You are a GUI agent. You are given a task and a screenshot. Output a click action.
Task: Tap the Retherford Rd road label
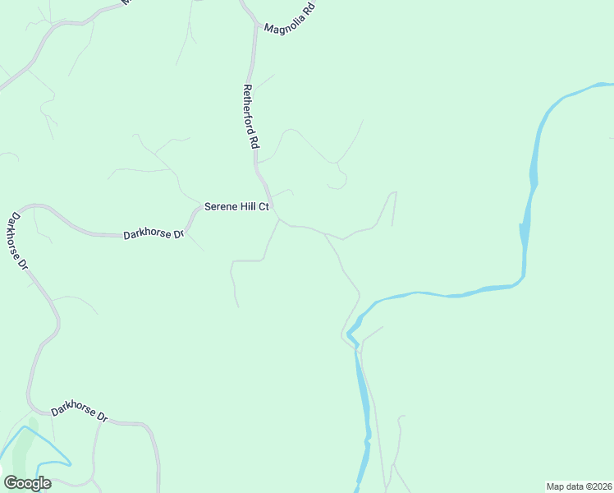pyautogui.click(x=251, y=116)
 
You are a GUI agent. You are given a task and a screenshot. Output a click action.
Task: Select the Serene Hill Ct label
pyautogui.click(x=236, y=207)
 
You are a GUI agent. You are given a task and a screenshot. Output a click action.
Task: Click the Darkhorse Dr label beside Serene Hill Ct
pyautogui.click(x=153, y=234)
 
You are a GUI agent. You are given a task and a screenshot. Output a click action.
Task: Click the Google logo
pyautogui.click(x=27, y=483)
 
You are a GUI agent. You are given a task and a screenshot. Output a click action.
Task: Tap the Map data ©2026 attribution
pyautogui.click(x=579, y=486)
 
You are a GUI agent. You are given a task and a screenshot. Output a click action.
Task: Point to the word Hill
pyautogui.click(x=250, y=207)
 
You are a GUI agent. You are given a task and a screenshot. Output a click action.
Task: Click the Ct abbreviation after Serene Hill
pyautogui.click(x=264, y=207)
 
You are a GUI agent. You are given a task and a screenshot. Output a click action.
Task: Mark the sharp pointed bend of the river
pyautogui.click(x=349, y=333)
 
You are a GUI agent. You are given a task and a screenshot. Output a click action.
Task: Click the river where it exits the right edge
pyautogui.click(x=609, y=85)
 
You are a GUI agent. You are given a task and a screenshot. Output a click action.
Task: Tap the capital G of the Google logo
pyautogui.click(x=11, y=483)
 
